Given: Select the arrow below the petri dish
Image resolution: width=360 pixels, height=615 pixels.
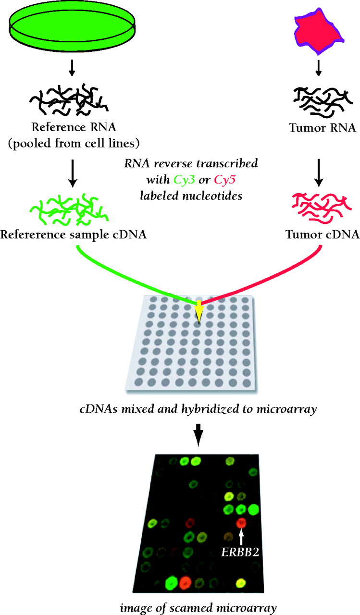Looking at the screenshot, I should pyautogui.click(x=71, y=69).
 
